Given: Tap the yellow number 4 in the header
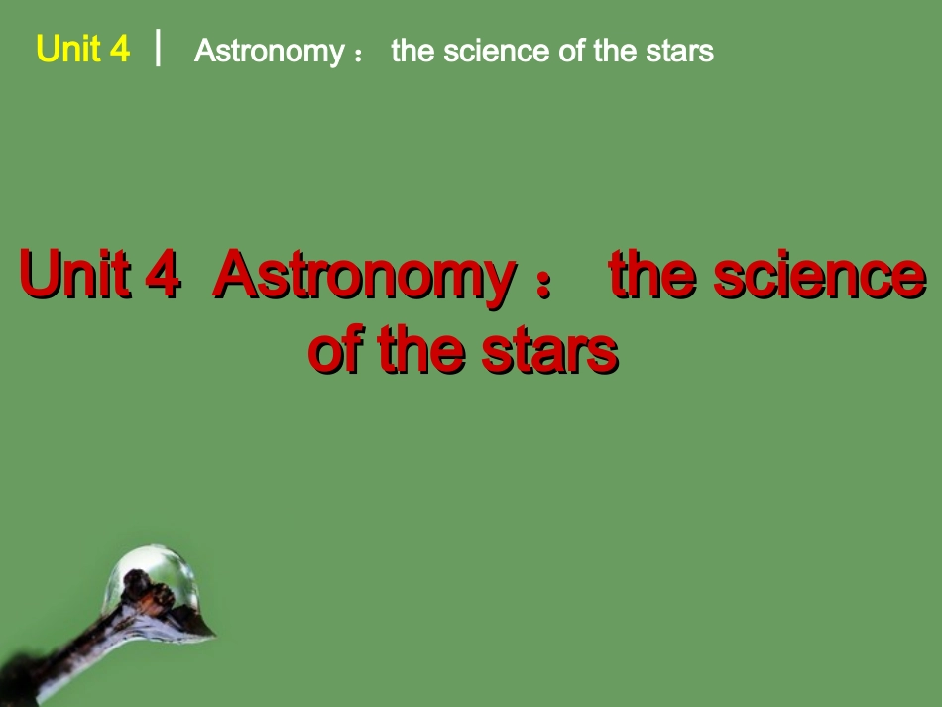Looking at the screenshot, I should pyautogui.click(x=120, y=49).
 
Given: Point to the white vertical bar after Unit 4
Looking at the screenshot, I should pyautogui.click(x=159, y=47).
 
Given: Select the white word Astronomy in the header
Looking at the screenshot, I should pyautogui.click(x=269, y=51).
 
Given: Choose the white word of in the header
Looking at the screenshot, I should pyautogui.click(x=572, y=51).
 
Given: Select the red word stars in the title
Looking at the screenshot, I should pyautogui.click(x=550, y=350).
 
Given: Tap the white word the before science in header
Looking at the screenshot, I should pyautogui.click(x=414, y=51).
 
